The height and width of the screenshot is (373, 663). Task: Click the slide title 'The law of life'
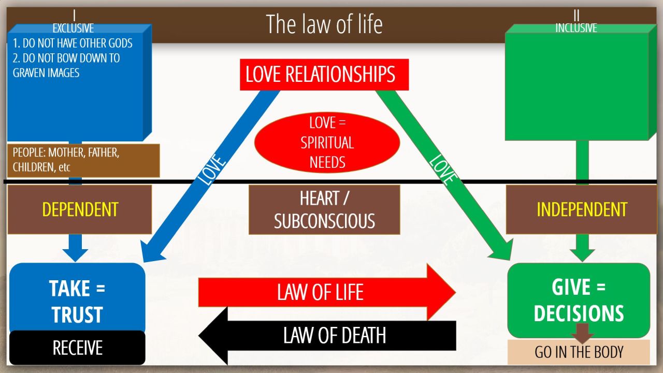(324, 24)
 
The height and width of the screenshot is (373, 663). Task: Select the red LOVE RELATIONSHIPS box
(324, 75)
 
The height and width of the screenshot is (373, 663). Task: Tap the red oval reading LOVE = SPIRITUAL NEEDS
(327, 142)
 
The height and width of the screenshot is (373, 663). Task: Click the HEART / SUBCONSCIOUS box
(324, 209)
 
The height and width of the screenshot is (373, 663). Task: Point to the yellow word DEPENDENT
(80, 209)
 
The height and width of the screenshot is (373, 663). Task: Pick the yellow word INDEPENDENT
(582, 209)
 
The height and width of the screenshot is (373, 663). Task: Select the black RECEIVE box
(77, 348)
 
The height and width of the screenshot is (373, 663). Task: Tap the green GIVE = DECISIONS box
(579, 300)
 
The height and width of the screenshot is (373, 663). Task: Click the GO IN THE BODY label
(579, 353)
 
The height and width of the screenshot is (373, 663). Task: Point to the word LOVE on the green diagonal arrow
(443, 169)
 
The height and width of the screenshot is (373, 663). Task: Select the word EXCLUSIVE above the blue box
(73, 28)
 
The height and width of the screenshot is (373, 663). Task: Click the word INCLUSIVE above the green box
(576, 28)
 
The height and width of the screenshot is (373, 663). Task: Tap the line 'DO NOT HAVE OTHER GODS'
(73, 43)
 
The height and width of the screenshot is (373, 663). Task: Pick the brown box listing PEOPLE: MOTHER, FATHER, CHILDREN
(83, 161)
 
